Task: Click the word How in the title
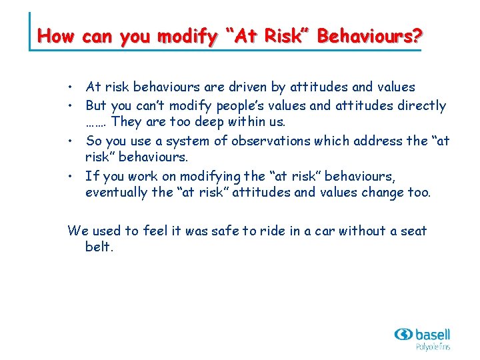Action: [x=57, y=36]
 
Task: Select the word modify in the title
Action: [x=181, y=36]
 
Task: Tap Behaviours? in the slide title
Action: [x=369, y=36]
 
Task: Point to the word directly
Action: [x=421, y=105]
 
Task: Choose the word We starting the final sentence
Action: [x=78, y=231]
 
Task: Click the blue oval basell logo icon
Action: [x=403, y=334]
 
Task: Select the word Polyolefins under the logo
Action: [x=433, y=347]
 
